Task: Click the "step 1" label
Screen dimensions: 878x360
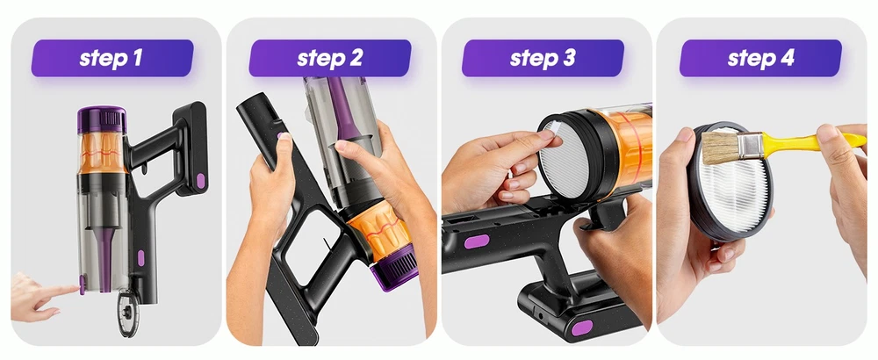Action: coord(112,58)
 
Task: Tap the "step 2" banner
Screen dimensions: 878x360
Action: coord(330,58)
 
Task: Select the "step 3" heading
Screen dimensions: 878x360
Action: coord(543,58)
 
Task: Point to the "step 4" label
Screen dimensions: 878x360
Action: coord(760,58)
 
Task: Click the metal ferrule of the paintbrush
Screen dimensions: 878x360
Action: coord(749,146)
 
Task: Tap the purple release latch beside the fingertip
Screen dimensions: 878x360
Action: coord(83,284)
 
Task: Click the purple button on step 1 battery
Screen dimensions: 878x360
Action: coord(200,181)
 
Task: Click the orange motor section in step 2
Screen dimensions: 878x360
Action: coord(376,229)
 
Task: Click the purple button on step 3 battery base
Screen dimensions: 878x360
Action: coord(582,328)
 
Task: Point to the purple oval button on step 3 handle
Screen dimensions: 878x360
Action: coord(477,241)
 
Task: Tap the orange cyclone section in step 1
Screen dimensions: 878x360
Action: coord(102,153)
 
